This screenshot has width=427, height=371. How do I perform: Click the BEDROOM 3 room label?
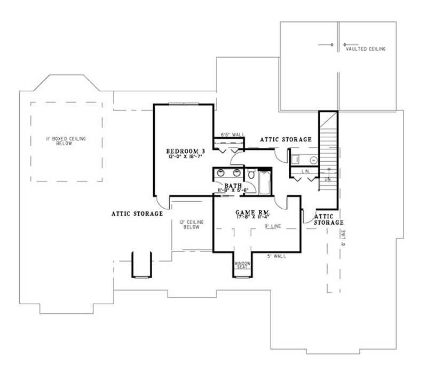[x=185, y=151]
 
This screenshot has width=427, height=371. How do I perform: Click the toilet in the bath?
[x=251, y=175]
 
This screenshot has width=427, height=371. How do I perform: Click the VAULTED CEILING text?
[x=365, y=49]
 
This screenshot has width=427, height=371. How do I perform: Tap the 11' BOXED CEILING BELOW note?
[x=66, y=141]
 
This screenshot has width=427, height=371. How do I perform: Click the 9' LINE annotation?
[x=273, y=226]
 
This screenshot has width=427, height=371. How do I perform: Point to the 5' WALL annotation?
[x=276, y=256]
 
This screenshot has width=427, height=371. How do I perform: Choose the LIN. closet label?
[x=305, y=171]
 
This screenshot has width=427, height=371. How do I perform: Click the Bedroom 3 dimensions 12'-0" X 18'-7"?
[x=185, y=157]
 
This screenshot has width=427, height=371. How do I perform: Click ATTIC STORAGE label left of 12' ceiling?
[x=137, y=214]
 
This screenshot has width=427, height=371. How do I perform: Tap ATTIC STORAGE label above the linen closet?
[x=286, y=139]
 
